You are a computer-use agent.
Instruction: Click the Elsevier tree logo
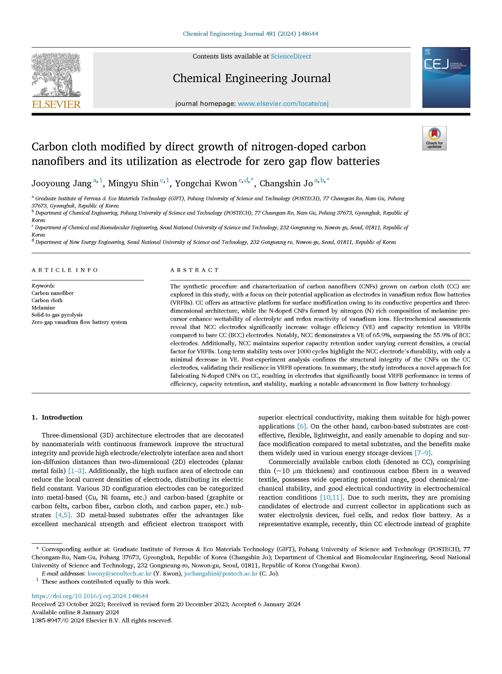coord(56,75)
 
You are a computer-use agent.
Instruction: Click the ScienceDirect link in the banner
coord(291,56)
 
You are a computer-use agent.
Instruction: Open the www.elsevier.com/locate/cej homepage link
coord(283,104)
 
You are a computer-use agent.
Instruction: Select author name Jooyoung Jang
coord(61,184)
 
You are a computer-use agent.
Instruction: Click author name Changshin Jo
coord(286,184)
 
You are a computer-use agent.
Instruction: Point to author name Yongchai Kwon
coord(206,184)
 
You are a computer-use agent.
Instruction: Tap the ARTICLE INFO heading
coord(65,270)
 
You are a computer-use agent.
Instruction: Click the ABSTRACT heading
coord(194,270)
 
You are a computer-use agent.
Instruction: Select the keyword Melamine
coord(43,308)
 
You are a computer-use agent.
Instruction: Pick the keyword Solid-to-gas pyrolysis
coord(57,315)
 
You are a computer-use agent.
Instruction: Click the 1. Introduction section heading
coord(57,417)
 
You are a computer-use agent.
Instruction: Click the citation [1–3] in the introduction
coord(77,471)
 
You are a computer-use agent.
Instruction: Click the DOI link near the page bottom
coord(90,596)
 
